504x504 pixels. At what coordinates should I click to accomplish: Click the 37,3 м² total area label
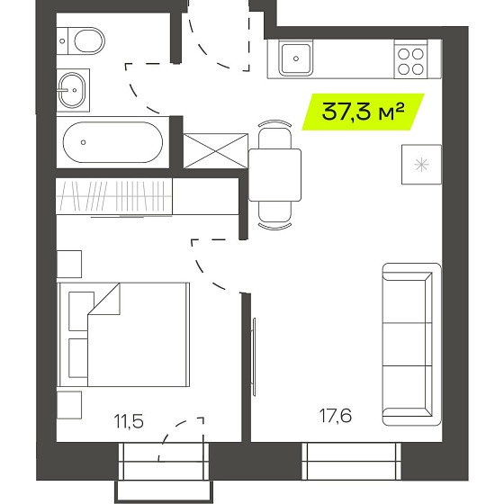(x=363, y=112)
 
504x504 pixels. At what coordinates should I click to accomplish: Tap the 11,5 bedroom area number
(x=129, y=421)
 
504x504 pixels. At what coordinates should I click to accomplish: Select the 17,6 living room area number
(x=336, y=415)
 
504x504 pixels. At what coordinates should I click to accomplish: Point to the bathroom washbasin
(x=73, y=90)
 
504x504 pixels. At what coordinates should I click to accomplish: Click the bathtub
(x=112, y=142)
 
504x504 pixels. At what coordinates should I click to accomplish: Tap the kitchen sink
(x=296, y=58)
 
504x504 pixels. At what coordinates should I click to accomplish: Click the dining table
(x=274, y=175)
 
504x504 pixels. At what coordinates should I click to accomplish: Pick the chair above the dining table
(x=274, y=134)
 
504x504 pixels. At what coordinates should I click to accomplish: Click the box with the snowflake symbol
(x=421, y=165)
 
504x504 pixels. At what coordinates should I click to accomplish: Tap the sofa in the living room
(x=412, y=344)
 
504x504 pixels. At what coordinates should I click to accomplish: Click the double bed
(x=123, y=335)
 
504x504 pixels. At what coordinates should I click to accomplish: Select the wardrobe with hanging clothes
(x=114, y=196)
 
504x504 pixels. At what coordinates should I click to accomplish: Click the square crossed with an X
(x=216, y=151)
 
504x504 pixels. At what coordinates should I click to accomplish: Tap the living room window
(x=352, y=461)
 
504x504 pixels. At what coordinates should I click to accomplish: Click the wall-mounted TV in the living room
(x=254, y=356)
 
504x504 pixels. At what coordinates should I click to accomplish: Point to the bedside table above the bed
(x=69, y=265)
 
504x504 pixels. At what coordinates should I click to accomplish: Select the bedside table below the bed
(x=69, y=405)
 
